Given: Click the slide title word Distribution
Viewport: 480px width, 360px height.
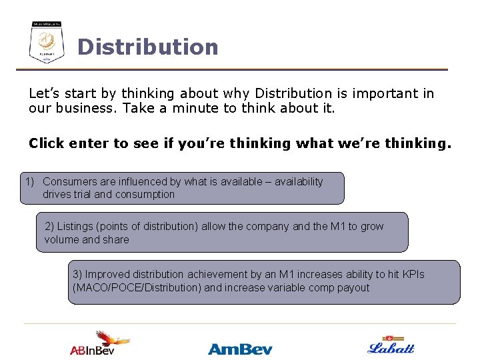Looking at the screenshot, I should (x=147, y=47).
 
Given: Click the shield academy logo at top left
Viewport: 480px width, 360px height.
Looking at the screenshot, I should (x=47, y=43).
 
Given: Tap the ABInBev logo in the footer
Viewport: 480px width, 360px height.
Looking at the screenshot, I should (x=101, y=343).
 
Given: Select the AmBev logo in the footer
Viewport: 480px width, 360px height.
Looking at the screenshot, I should (x=240, y=349).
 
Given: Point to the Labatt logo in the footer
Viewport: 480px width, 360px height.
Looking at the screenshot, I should (x=391, y=345).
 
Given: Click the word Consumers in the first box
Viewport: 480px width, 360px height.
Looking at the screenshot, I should (x=68, y=182).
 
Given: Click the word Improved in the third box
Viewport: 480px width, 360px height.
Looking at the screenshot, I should (x=107, y=275).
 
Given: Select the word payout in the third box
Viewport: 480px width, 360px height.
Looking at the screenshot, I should (x=353, y=288).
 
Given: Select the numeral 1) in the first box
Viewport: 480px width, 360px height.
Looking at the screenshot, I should (x=30, y=182).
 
